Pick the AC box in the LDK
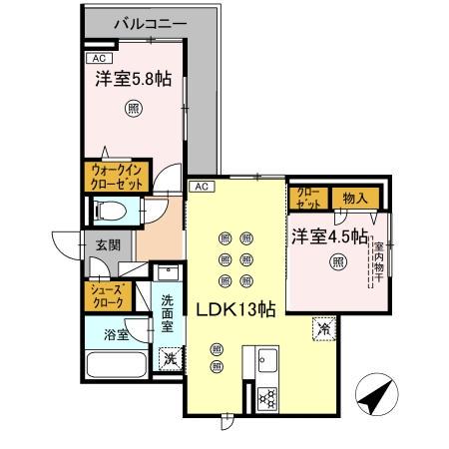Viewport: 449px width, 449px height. tap(200, 187)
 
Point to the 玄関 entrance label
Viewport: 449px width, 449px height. tap(108, 242)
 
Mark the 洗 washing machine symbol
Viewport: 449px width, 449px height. tap(170, 357)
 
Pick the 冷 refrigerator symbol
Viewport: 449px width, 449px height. tap(324, 327)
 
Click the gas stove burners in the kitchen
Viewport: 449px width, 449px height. tap(266, 398)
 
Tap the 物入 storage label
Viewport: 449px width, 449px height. tap(356, 198)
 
